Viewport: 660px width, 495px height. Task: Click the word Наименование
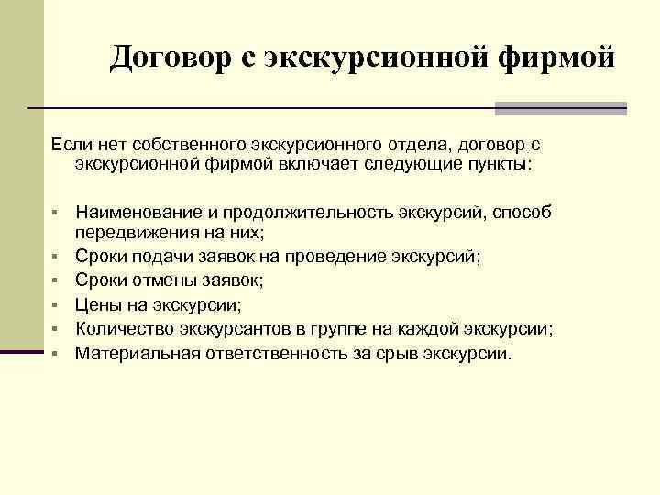coord(140,213)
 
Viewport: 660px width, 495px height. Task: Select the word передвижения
coord(135,233)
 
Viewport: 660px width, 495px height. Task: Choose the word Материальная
coord(140,352)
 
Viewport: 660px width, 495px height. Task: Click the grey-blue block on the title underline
coord(560,108)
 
